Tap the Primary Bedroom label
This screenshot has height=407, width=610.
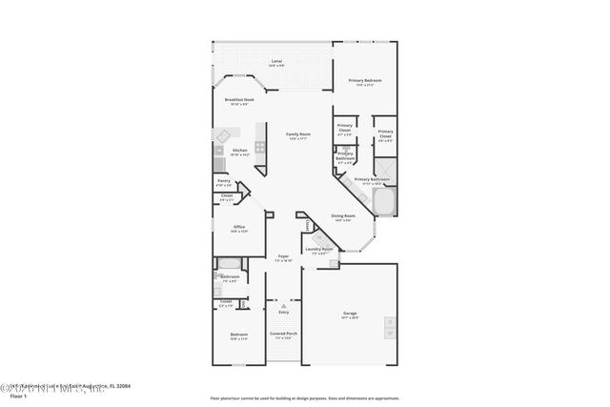(364, 81)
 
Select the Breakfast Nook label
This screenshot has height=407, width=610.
(239, 99)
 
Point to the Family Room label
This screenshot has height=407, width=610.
(298, 134)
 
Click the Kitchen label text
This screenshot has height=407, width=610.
(240, 150)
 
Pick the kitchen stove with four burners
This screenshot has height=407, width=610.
(218, 151)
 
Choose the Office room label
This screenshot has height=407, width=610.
(239, 227)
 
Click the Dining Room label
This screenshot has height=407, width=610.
(343, 216)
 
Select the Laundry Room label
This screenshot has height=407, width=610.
(319, 249)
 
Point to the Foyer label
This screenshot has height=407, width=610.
(283, 256)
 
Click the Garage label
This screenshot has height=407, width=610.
(350, 314)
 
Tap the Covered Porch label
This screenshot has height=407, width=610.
(283, 334)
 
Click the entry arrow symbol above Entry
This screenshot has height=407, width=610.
(283, 304)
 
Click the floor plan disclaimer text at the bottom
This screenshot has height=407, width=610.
(304, 397)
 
